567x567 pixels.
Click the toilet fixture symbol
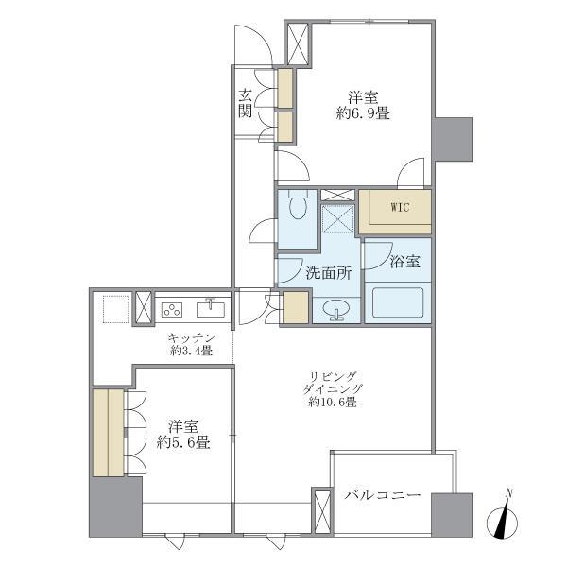click(x=298, y=205)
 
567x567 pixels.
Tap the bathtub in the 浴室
click(x=398, y=303)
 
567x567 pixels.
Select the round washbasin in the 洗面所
click(x=336, y=310)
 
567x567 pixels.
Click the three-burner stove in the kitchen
click(x=172, y=310)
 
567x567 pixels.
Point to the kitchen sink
click(x=211, y=308)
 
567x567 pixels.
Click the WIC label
click(x=400, y=207)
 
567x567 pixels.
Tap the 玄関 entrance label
click(x=245, y=104)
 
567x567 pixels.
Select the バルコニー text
click(x=382, y=494)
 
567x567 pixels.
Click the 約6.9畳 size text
click(x=363, y=114)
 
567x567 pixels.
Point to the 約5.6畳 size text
click(x=183, y=442)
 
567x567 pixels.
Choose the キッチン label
click(x=192, y=338)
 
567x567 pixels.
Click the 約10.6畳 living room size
click(x=333, y=402)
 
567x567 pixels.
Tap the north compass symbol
click(x=502, y=523)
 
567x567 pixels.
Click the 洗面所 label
click(x=328, y=273)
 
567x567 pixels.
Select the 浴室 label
click(x=405, y=262)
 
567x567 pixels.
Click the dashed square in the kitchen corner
click(x=116, y=309)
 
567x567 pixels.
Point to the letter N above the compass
click(x=510, y=492)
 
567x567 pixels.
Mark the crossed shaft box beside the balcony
click(x=322, y=511)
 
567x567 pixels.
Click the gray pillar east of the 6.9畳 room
click(x=454, y=139)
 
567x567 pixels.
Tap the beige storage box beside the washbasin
click(x=296, y=307)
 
